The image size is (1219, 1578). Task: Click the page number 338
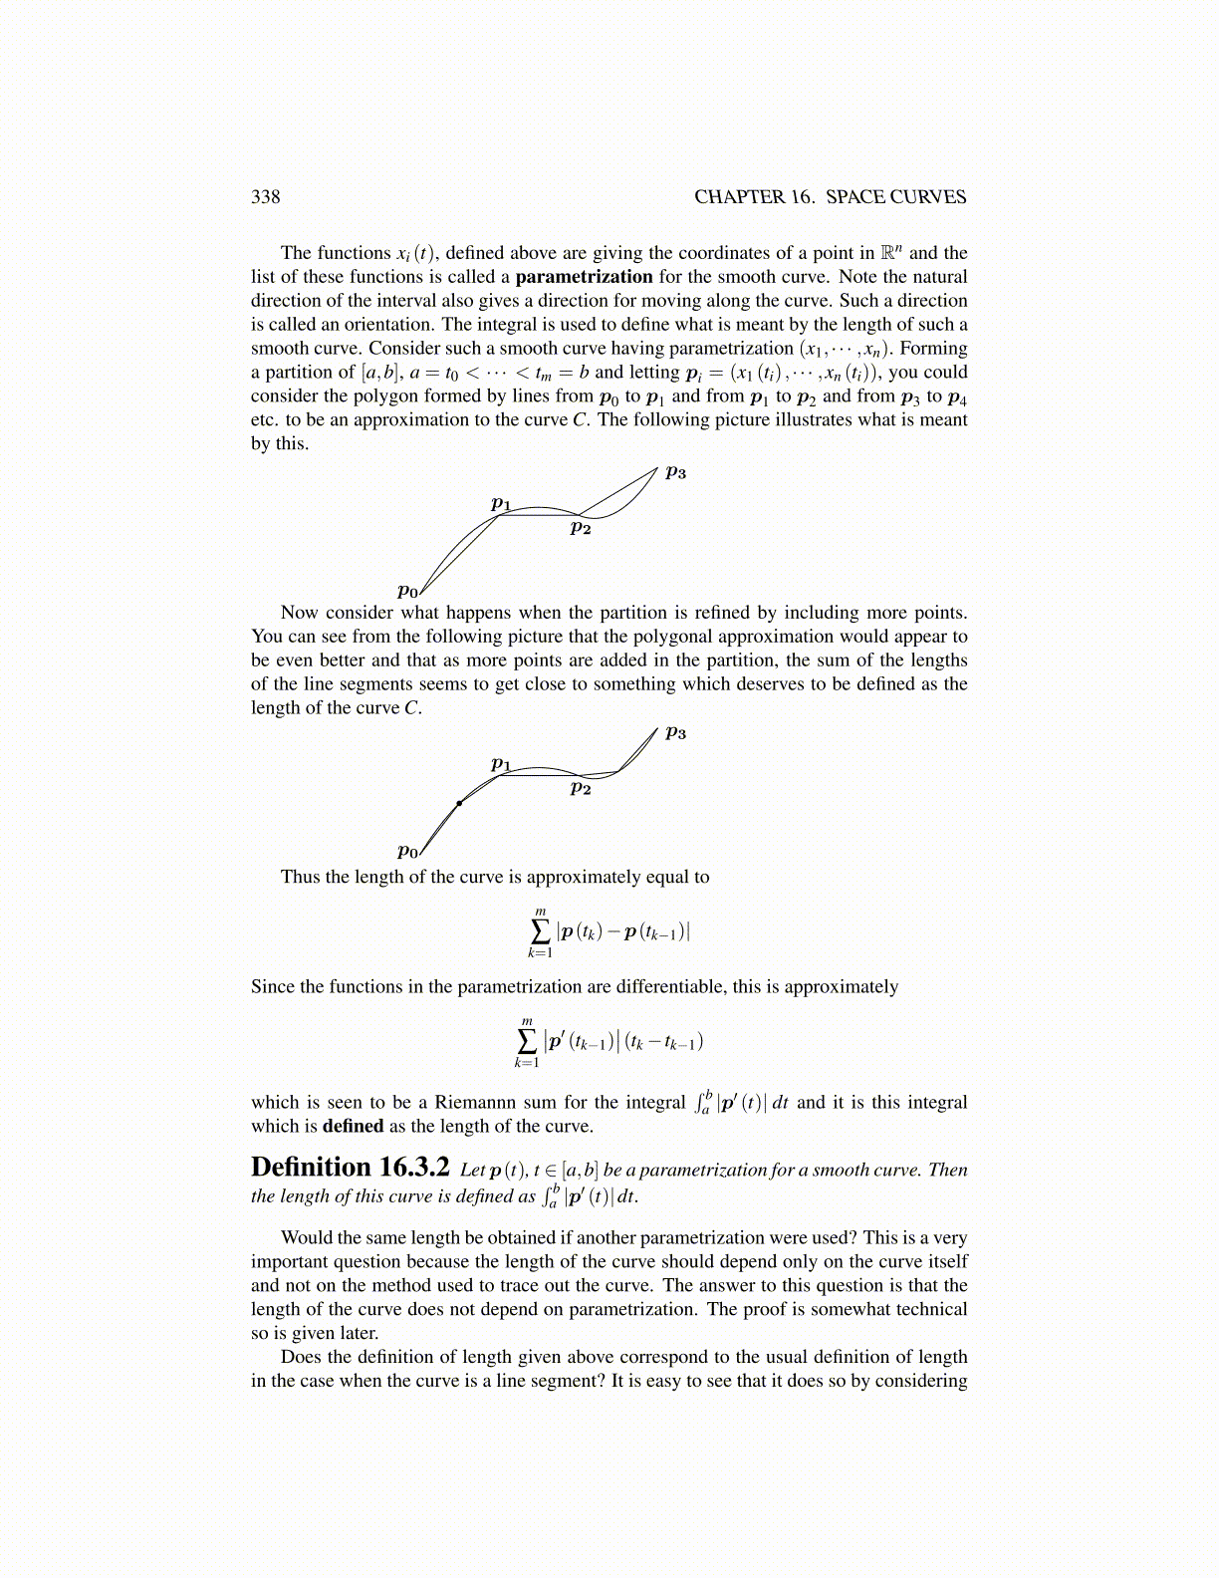pyautogui.click(x=265, y=196)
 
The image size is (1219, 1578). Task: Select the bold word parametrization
pyautogui.click(x=584, y=277)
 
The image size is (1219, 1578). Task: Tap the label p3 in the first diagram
pyautogui.click(x=676, y=472)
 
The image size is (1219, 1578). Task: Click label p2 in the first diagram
pyautogui.click(x=581, y=528)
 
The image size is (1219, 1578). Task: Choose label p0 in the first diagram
pyautogui.click(x=407, y=591)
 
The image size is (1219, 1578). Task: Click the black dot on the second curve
pyautogui.click(x=459, y=803)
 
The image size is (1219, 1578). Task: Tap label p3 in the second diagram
pyautogui.click(x=676, y=732)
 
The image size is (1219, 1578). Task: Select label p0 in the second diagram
pyautogui.click(x=407, y=851)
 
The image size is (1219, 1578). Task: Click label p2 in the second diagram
pyautogui.click(x=581, y=788)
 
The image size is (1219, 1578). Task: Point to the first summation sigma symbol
pyautogui.click(x=540, y=931)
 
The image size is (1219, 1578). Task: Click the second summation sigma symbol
pyautogui.click(x=526, y=1041)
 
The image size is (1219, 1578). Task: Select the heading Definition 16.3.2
pyautogui.click(x=351, y=1168)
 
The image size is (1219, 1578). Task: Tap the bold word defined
pyautogui.click(x=353, y=1126)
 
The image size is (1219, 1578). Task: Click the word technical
pyautogui.click(x=926, y=1309)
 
